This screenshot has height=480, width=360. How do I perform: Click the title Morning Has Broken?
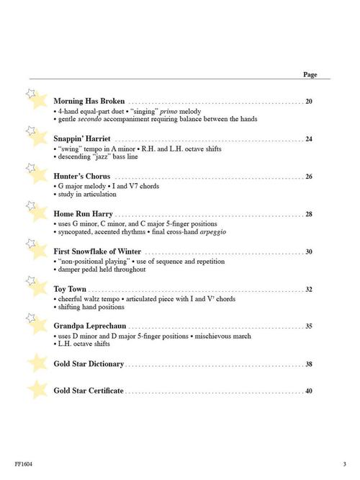[x=89, y=101]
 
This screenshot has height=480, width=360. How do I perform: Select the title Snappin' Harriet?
[x=82, y=138]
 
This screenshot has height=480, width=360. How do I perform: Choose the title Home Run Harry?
[x=83, y=214]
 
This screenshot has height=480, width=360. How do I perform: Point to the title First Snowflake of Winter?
[x=97, y=252]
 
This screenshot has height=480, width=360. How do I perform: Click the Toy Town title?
[x=70, y=289]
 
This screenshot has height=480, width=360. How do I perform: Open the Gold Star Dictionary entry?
[x=89, y=364]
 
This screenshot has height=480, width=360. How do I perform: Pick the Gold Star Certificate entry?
[x=89, y=391]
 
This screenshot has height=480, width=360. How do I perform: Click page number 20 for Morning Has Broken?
[x=309, y=102]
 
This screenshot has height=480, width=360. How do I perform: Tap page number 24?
[x=309, y=139]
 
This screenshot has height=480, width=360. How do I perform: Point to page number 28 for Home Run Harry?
[x=309, y=215]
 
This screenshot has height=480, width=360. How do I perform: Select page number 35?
[x=309, y=326]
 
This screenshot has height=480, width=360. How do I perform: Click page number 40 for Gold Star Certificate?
[x=309, y=391]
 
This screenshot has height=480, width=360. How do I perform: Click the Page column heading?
[x=310, y=74]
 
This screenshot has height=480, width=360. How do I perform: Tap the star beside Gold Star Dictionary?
[x=37, y=363]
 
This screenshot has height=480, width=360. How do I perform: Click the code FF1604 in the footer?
[x=22, y=463]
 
